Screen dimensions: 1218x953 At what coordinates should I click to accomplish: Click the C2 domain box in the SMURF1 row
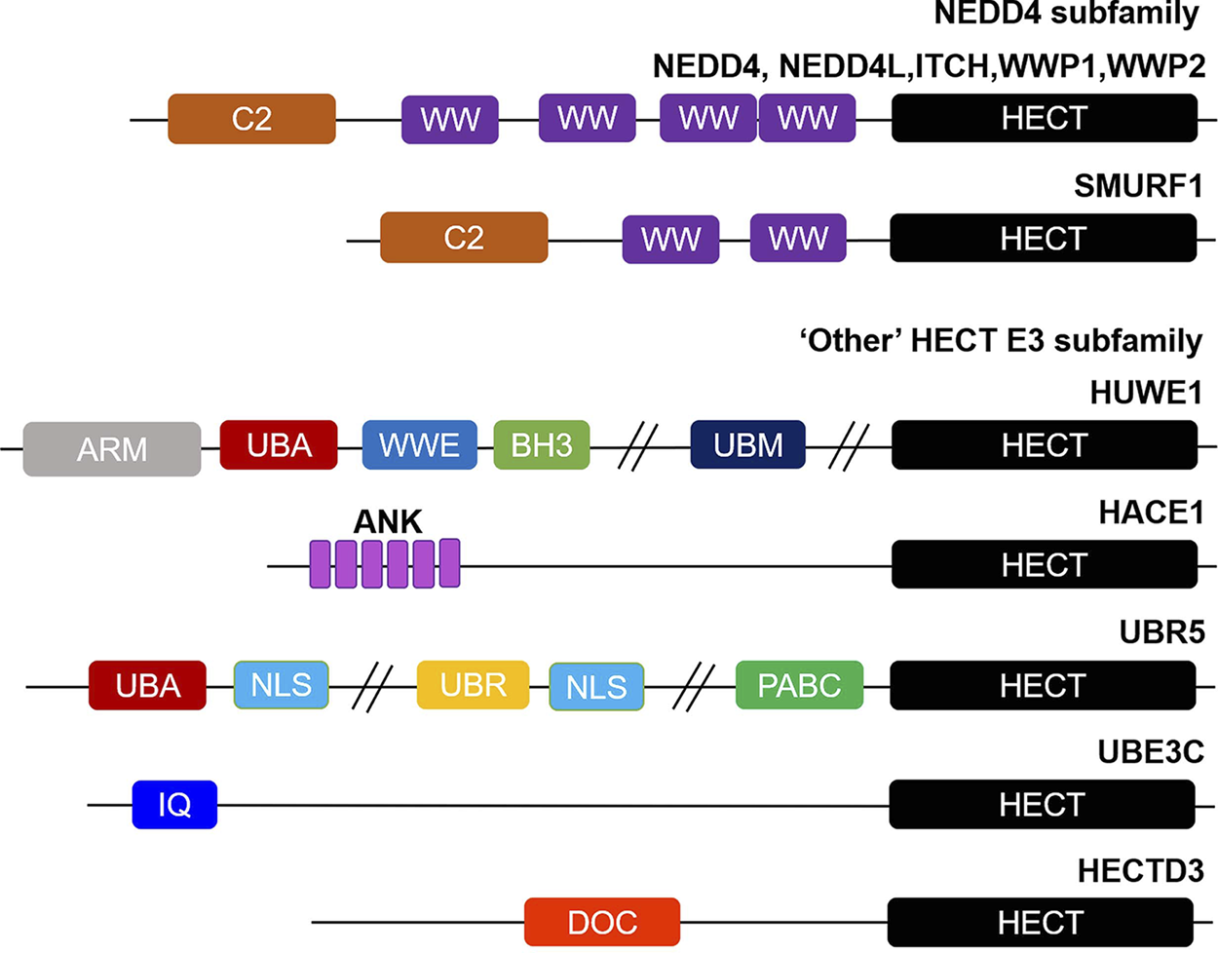[464, 237]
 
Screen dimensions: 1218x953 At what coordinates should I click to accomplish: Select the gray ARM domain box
[112, 449]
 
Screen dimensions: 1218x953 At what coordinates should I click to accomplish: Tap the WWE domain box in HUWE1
[420, 445]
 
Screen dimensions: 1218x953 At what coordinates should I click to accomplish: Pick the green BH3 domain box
[542, 445]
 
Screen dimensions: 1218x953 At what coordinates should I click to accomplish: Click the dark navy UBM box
[747, 445]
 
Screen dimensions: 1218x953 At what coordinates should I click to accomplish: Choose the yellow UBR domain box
[474, 685]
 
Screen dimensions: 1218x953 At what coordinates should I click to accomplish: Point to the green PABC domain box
[799, 685]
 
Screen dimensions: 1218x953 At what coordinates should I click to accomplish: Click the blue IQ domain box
[174, 804]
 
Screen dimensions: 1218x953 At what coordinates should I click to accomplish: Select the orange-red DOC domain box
[602, 922]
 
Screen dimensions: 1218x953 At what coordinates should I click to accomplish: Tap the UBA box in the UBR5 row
[147, 685]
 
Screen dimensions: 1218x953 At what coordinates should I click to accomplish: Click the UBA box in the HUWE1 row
[279, 445]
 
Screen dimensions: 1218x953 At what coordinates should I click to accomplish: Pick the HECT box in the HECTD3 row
[1041, 922]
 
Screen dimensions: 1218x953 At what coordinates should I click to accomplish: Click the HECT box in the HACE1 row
[1045, 564]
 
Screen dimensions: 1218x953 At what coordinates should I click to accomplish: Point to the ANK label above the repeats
[388, 522]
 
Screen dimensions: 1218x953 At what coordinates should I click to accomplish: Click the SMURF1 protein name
[1138, 186]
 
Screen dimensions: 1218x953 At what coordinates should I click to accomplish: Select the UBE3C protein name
[1151, 752]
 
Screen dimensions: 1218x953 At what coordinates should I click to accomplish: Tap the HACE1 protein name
[1152, 513]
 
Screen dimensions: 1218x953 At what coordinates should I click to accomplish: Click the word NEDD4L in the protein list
[846, 66]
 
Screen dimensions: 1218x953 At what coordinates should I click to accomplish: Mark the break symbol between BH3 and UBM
[638, 447]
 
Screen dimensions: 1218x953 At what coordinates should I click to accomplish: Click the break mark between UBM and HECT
[849, 447]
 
